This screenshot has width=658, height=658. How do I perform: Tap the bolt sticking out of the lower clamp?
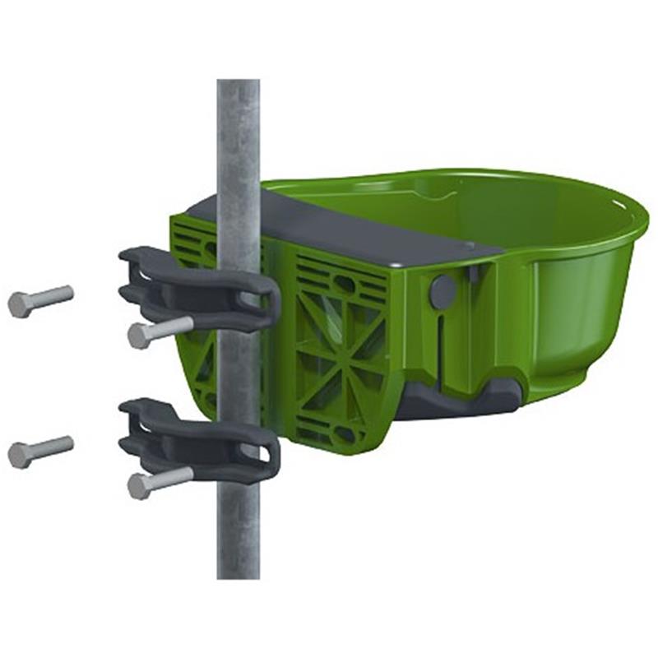161,481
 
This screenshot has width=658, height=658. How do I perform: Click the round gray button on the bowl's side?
443,292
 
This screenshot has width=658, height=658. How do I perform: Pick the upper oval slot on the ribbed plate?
345,284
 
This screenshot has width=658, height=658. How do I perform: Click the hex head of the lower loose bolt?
18,455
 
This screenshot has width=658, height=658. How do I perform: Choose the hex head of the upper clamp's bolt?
138,336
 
